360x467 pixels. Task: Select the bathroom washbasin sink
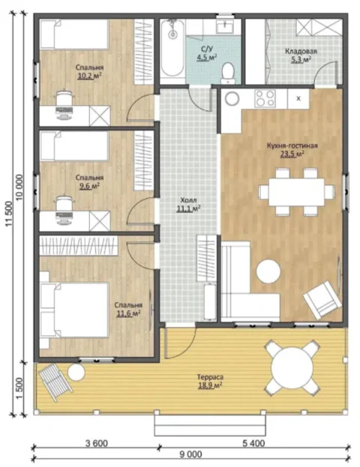(225, 26)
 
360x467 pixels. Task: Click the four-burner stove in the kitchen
(265, 98)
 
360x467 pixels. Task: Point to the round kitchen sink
(232, 98)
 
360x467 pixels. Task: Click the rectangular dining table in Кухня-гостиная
(296, 192)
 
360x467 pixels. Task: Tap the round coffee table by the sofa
(268, 271)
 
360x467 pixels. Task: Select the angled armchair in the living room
(322, 300)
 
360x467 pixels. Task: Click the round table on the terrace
(292, 368)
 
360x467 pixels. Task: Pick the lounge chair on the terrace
(55, 382)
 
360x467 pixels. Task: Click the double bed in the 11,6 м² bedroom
(74, 310)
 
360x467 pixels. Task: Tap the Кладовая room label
(301, 51)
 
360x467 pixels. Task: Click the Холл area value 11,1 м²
(188, 209)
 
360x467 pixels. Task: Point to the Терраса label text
(210, 377)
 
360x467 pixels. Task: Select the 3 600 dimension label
(97, 444)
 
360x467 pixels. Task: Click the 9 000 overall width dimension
(190, 454)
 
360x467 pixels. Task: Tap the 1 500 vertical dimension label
(19, 389)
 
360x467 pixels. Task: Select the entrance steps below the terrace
(210, 425)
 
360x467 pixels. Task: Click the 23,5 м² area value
(292, 154)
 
